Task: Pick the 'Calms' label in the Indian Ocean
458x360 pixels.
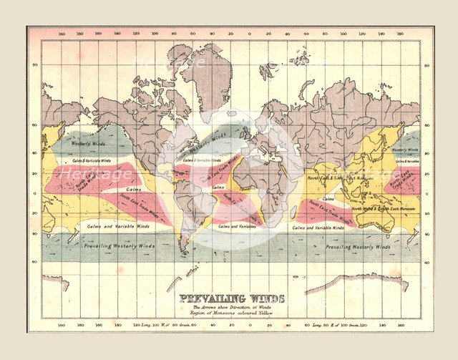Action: pyautogui.click(x=328, y=198)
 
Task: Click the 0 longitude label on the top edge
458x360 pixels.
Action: pyautogui.click(x=250, y=34)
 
